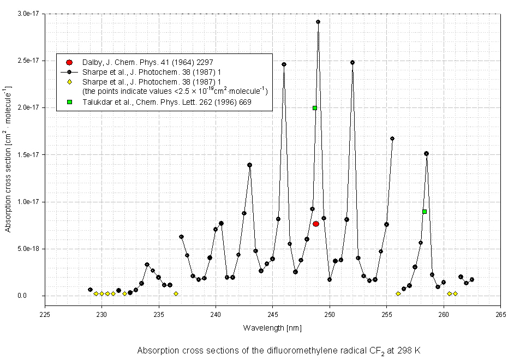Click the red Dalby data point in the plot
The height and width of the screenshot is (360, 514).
316,224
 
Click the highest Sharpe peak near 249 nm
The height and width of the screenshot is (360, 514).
318,22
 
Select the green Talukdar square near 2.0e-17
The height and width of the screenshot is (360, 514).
315,108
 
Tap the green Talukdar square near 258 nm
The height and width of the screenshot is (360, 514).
425,212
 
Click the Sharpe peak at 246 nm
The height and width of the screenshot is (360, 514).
284,64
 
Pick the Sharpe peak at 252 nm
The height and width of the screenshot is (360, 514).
352,62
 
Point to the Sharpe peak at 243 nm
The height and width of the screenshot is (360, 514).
249,165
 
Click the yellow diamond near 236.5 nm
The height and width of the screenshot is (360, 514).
176,293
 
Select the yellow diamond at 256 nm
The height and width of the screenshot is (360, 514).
398,293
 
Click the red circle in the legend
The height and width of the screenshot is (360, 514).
69,63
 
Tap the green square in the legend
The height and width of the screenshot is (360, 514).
69,102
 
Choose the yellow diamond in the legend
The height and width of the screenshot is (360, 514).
69,82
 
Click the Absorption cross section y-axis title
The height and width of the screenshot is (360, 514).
9,158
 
